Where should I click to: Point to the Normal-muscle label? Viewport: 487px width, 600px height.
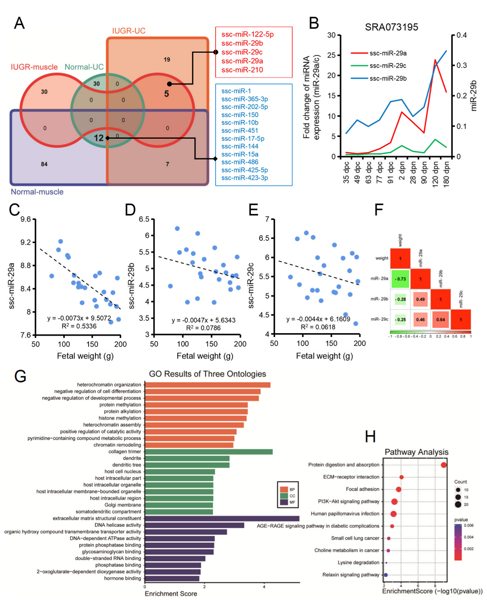(38, 191)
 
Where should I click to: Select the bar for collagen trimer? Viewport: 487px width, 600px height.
(208, 452)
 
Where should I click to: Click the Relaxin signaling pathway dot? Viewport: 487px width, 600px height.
(386, 575)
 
